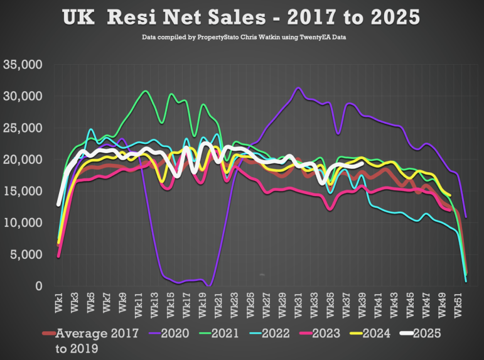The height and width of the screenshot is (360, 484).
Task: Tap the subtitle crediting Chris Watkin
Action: pos(242,38)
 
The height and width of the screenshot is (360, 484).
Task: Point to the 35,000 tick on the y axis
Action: pos(23,65)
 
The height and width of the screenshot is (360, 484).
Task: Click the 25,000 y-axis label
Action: pos(23,128)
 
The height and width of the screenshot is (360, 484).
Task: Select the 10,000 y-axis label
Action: pos(23,223)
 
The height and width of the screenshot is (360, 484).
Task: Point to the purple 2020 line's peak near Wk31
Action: pos(298,88)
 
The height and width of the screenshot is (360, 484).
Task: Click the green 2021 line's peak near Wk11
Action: pos(146,91)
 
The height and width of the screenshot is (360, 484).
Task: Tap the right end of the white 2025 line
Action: pos(362,162)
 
